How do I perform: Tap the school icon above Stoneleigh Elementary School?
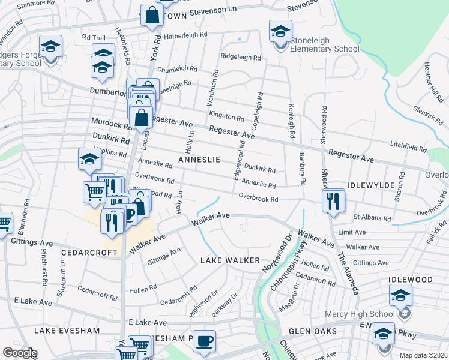coord(280,31)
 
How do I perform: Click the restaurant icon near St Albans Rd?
coord(333,201)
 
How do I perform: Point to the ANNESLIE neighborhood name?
coord(199,160)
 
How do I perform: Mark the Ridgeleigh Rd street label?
coord(241,58)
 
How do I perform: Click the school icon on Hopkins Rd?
coord(89,160)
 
